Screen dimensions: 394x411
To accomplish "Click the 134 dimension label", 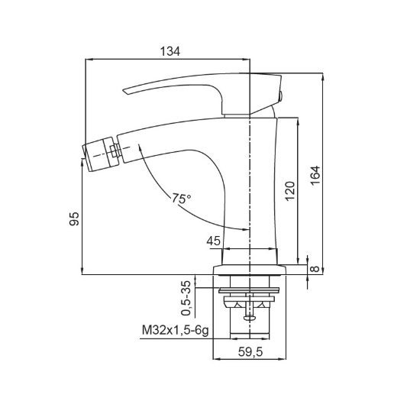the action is pyautogui.click(x=170, y=51).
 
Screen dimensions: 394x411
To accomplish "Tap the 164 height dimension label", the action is pyautogui.click(x=315, y=175).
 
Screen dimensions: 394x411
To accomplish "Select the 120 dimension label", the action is pyautogui.click(x=289, y=191).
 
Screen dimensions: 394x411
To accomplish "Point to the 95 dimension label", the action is pyautogui.click(x=74, y=218).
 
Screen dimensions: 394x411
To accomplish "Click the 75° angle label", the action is pyautogui.click(x=181, y=199).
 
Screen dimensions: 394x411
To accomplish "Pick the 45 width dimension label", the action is pyautogui.click(x=214, y=241).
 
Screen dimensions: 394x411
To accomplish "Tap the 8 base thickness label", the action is pyautogui.click(x=315, y=269).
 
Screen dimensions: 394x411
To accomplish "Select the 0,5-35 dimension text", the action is pyautogui.click(x=186, y=297).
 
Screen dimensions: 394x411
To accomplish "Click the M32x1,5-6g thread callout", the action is pyautogui.click(x=176, y=331).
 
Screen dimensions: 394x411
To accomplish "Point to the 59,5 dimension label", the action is pyautogui.click(x=250, y=351).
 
